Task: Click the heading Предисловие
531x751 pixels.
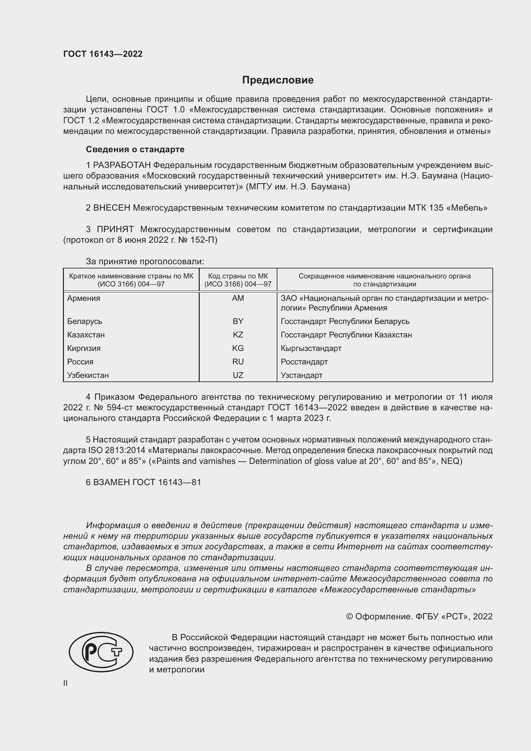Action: coord(278,80)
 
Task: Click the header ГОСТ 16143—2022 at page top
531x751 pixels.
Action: coord(103,54)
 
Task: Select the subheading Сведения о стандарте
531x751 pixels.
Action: coord(135,150)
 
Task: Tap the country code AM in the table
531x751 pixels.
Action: coord(238,298)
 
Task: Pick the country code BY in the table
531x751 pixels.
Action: coord(238,321)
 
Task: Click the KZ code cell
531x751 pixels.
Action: coord(238,335)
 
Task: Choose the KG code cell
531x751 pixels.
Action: coord(238,348)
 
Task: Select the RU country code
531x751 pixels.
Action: coord(238,362)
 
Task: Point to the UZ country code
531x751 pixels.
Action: coord(238,375)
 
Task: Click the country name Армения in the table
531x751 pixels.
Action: coord(84,298)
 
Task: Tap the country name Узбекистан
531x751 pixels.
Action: coord(88,375)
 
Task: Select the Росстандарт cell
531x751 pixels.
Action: coord(304,362)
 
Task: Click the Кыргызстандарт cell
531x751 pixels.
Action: coord(311,348)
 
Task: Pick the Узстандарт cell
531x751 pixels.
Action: coord(301,375)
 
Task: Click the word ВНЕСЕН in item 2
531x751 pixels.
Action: coord(112,208)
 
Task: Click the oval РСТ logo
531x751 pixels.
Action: coord(101,652)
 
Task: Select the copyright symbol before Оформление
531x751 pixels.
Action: coord(349,616)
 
